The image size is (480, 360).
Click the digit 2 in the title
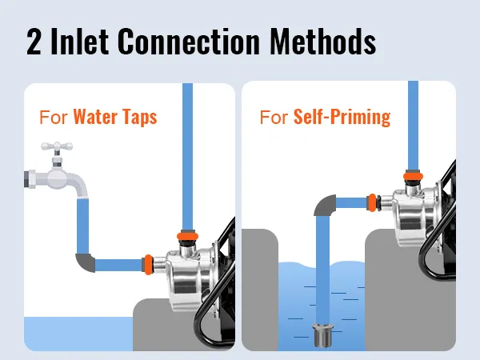(x=34, y=42)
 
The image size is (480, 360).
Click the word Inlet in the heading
(x=79, y=42)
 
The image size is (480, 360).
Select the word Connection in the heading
(x=189, y=42)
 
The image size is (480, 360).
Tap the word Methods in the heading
(x=322, y=42)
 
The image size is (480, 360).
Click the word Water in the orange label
(x=95, y=117)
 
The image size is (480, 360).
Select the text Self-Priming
(x=342, y=118)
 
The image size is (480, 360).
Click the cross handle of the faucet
(x=57, y=147)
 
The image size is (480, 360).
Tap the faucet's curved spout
(x=77, y=185)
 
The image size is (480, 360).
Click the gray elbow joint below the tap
(x=85, y=262)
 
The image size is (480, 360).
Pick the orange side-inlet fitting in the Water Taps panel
(x=149, y=265)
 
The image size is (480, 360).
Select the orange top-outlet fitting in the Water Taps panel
(x=187, y=236)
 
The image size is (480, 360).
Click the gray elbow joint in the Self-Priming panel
(x=325, y=205)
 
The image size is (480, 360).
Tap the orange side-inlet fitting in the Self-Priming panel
(x=372, y=202)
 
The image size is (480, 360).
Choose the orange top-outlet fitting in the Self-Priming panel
(x=413, y=176)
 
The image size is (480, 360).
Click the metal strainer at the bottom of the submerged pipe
(x=322, y=335)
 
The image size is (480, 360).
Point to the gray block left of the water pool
(x=260, y=290)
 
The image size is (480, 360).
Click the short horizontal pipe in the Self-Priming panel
(x=351, y=202)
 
